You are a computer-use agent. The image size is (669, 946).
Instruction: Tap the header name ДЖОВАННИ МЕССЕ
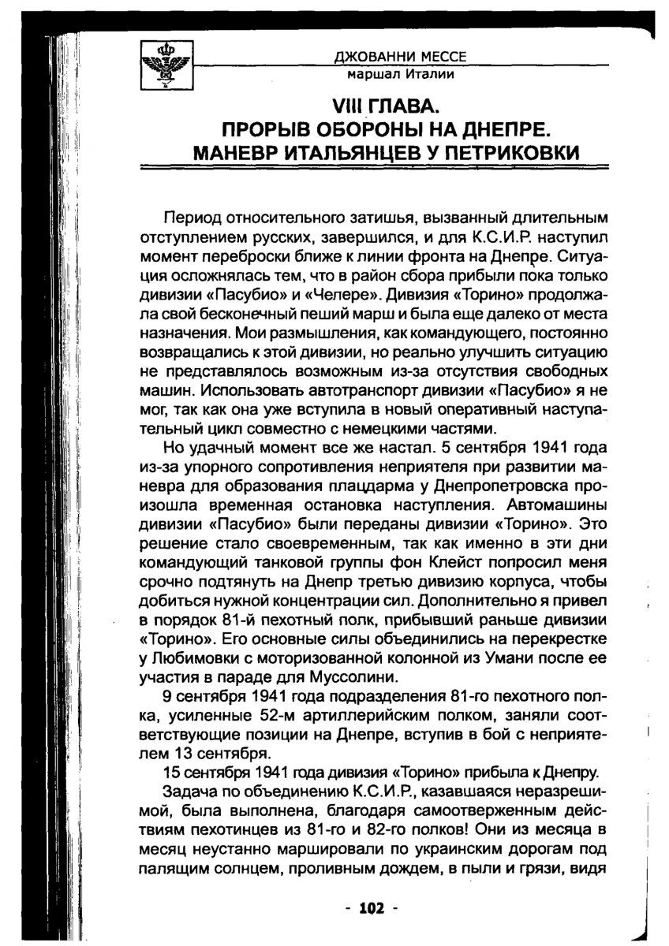tap(401, 58)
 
